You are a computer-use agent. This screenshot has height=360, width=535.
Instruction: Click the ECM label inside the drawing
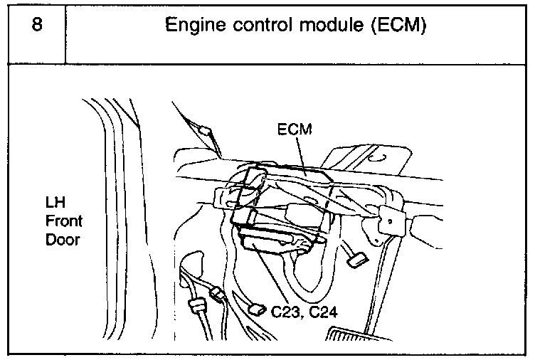(x=294, y=129)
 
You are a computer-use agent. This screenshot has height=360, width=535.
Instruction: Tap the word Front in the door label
(x=60, y=221)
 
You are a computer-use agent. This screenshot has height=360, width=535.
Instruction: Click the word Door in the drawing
(x=62, y=240)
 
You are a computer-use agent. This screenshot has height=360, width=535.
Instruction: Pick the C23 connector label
(x=285, y=311)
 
